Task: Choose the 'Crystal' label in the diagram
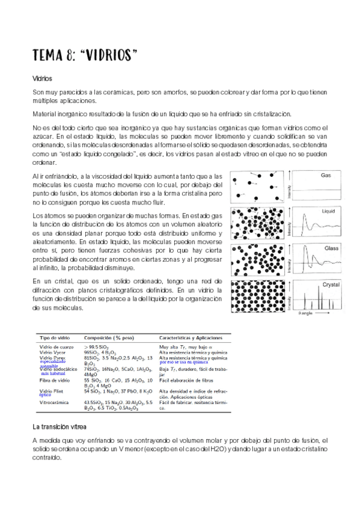[x=331, y=284]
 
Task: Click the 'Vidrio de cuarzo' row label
[x=58, y=347]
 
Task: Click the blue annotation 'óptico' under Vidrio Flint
[x=45, y=395]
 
